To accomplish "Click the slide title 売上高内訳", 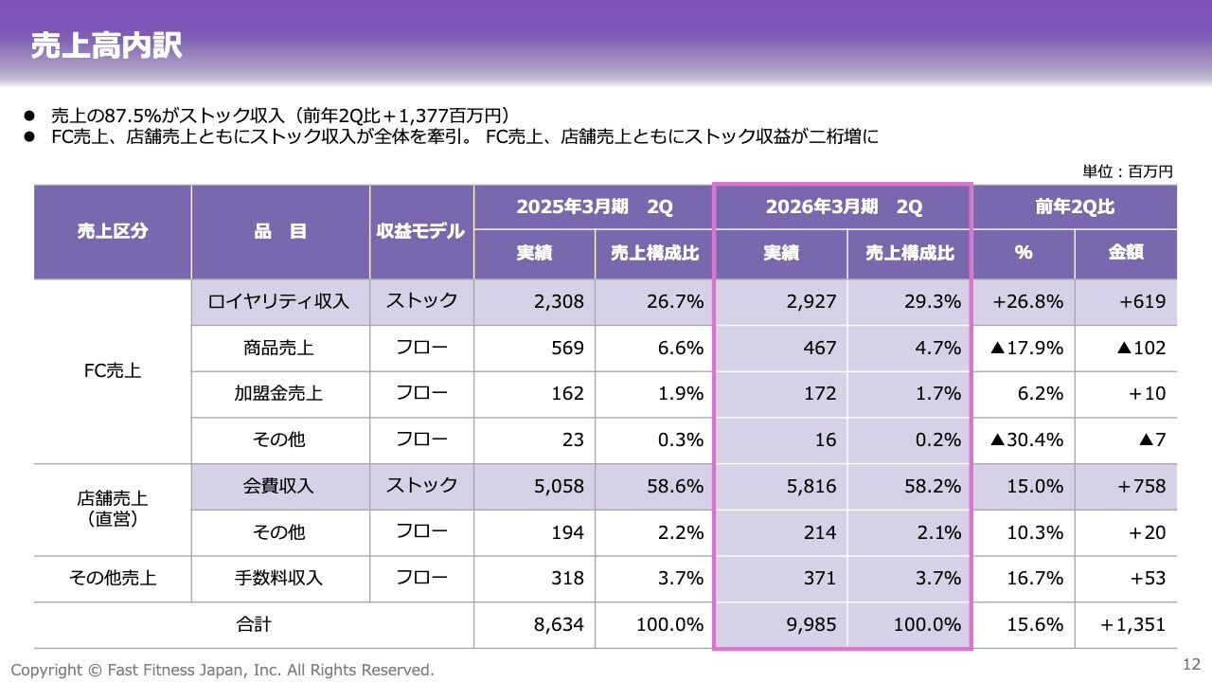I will [x=106, y=45].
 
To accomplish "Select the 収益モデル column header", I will [x=420, y=231].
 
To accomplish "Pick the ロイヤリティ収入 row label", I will [x=279, y=301].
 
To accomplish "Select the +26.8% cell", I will [x=1027, y=301].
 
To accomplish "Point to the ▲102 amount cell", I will [x=1141, y=348].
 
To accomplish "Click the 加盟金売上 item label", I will [x=279, y=393].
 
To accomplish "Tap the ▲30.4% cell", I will [x=1026, y=440].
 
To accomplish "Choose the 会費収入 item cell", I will [x=279, y=486].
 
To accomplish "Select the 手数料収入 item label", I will [x=279, y=578].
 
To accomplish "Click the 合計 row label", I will [x=253, y=624].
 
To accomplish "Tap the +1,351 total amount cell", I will [x=1133, y=624].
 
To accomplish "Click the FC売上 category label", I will [x=113, y=371].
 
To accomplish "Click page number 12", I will [x=1191, y=663].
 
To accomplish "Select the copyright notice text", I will [x=223, y=669].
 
